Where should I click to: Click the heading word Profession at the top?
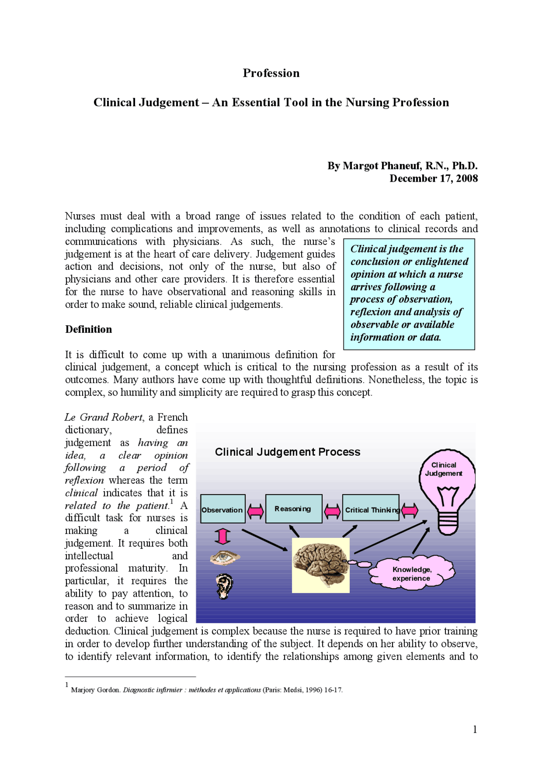tap(271, 73)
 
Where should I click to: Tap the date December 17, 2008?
tap(434, 178)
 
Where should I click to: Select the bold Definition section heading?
tap(88, 330)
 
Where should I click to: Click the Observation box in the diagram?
tap(223, 509)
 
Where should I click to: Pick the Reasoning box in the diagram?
tap(293, 509)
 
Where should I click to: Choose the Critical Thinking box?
tap(371, 509)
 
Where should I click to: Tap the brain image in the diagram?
tap(321, 565)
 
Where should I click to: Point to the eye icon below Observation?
tap(225, 558)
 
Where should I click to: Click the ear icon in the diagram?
tap(224, 586)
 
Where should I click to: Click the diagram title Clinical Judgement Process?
tap(288, 452)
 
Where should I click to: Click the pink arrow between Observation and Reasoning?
tap(255, 511)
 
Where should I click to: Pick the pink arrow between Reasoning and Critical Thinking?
tap(332, 511)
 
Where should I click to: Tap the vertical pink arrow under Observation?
tap(223, 536)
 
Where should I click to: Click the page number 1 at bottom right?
tap(475, 729)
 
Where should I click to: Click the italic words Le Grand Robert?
tap(104, 418)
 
